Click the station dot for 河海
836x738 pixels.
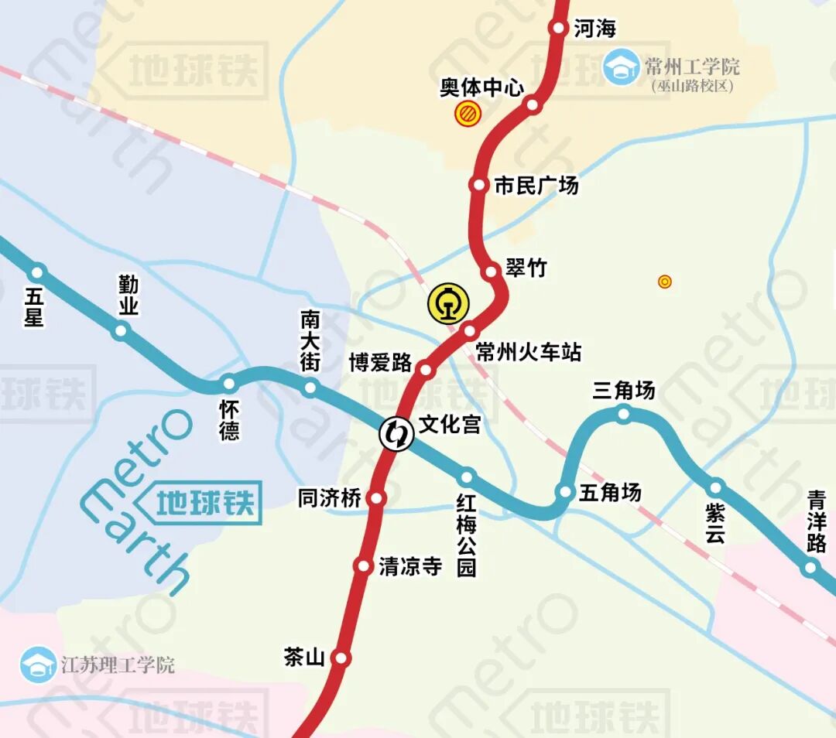point(558,28)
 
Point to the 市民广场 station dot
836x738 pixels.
point(478,185)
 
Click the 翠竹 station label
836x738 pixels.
point(526,268)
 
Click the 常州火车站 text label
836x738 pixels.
point(528,353)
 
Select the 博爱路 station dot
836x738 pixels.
point(426,369)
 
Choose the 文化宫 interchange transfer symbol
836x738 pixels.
point(395,433)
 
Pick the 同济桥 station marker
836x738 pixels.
point(376,498)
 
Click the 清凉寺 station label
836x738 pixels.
point(410,566)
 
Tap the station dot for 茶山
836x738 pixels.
point(341,658)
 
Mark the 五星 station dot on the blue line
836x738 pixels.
point(37,272)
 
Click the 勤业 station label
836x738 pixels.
point(128,296)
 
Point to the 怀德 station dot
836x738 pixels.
point(228,384)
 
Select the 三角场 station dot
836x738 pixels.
point(624,414)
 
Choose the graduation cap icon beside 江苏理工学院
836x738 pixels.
point(38,665)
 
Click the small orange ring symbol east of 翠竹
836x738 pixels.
point(664,282)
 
